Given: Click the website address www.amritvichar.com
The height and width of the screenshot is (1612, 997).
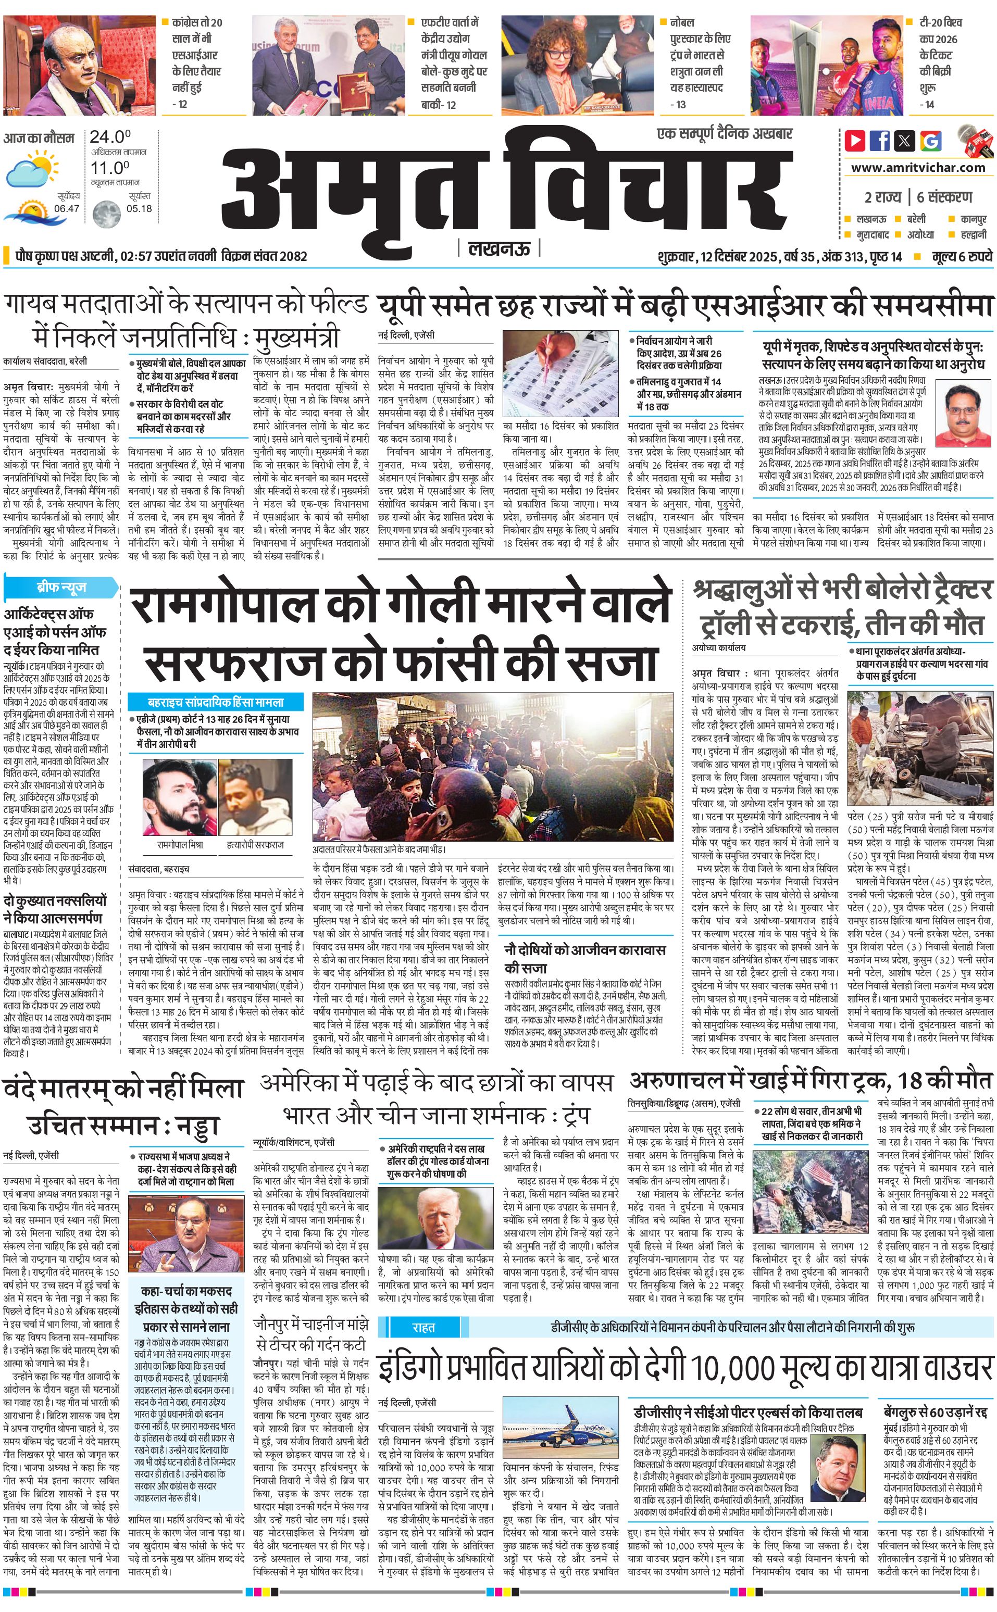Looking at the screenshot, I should pos(917,168).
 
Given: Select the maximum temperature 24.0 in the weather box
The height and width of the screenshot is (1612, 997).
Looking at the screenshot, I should pos(109,137).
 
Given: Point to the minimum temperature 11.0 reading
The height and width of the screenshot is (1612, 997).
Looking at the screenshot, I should pos(109,168).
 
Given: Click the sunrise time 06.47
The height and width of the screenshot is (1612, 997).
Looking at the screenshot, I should pos(67,208).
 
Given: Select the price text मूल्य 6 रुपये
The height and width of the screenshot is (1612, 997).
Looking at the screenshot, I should pos(962,256).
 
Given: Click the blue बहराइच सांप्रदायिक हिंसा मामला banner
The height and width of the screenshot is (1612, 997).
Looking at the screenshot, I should pos(216,702).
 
